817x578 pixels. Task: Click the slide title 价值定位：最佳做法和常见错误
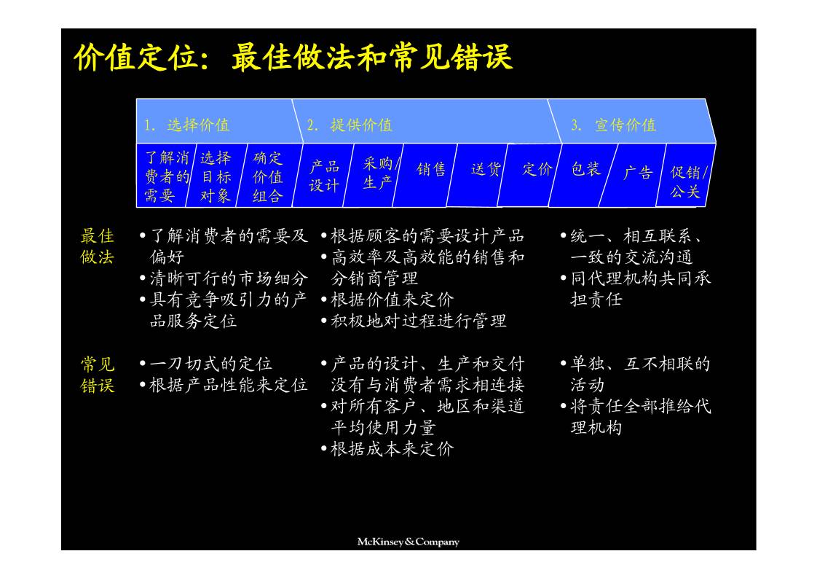tap(293, 58)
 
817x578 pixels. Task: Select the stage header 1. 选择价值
tap(186, 125)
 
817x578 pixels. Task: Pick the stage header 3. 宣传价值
tap(614, 125)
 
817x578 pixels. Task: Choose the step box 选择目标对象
tap(216, 176)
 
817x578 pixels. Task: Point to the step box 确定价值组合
tap(268, 176)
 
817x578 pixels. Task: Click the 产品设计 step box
tap(323, 176)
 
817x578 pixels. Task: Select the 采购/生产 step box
tap(378, 173)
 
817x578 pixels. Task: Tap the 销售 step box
tap(431, 169)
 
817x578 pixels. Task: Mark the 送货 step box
tap(486, 169)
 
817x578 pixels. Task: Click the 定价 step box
tap(537, 169)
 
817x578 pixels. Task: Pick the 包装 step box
tap(585, 169)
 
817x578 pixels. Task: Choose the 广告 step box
tap(638, 172)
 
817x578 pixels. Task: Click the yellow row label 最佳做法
tap(97, 246)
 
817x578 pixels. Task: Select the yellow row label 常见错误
tap(97, 375)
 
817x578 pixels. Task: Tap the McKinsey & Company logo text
tap(408, 542)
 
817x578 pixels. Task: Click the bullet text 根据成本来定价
tap(392, 449)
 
